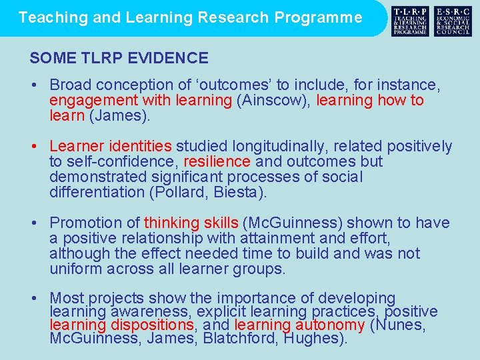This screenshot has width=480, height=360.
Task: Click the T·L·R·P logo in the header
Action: [x=411, y=21]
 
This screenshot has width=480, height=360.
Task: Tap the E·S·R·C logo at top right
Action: [x=453, y=21]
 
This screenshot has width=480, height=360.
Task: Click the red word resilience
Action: [x=217, y=161]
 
